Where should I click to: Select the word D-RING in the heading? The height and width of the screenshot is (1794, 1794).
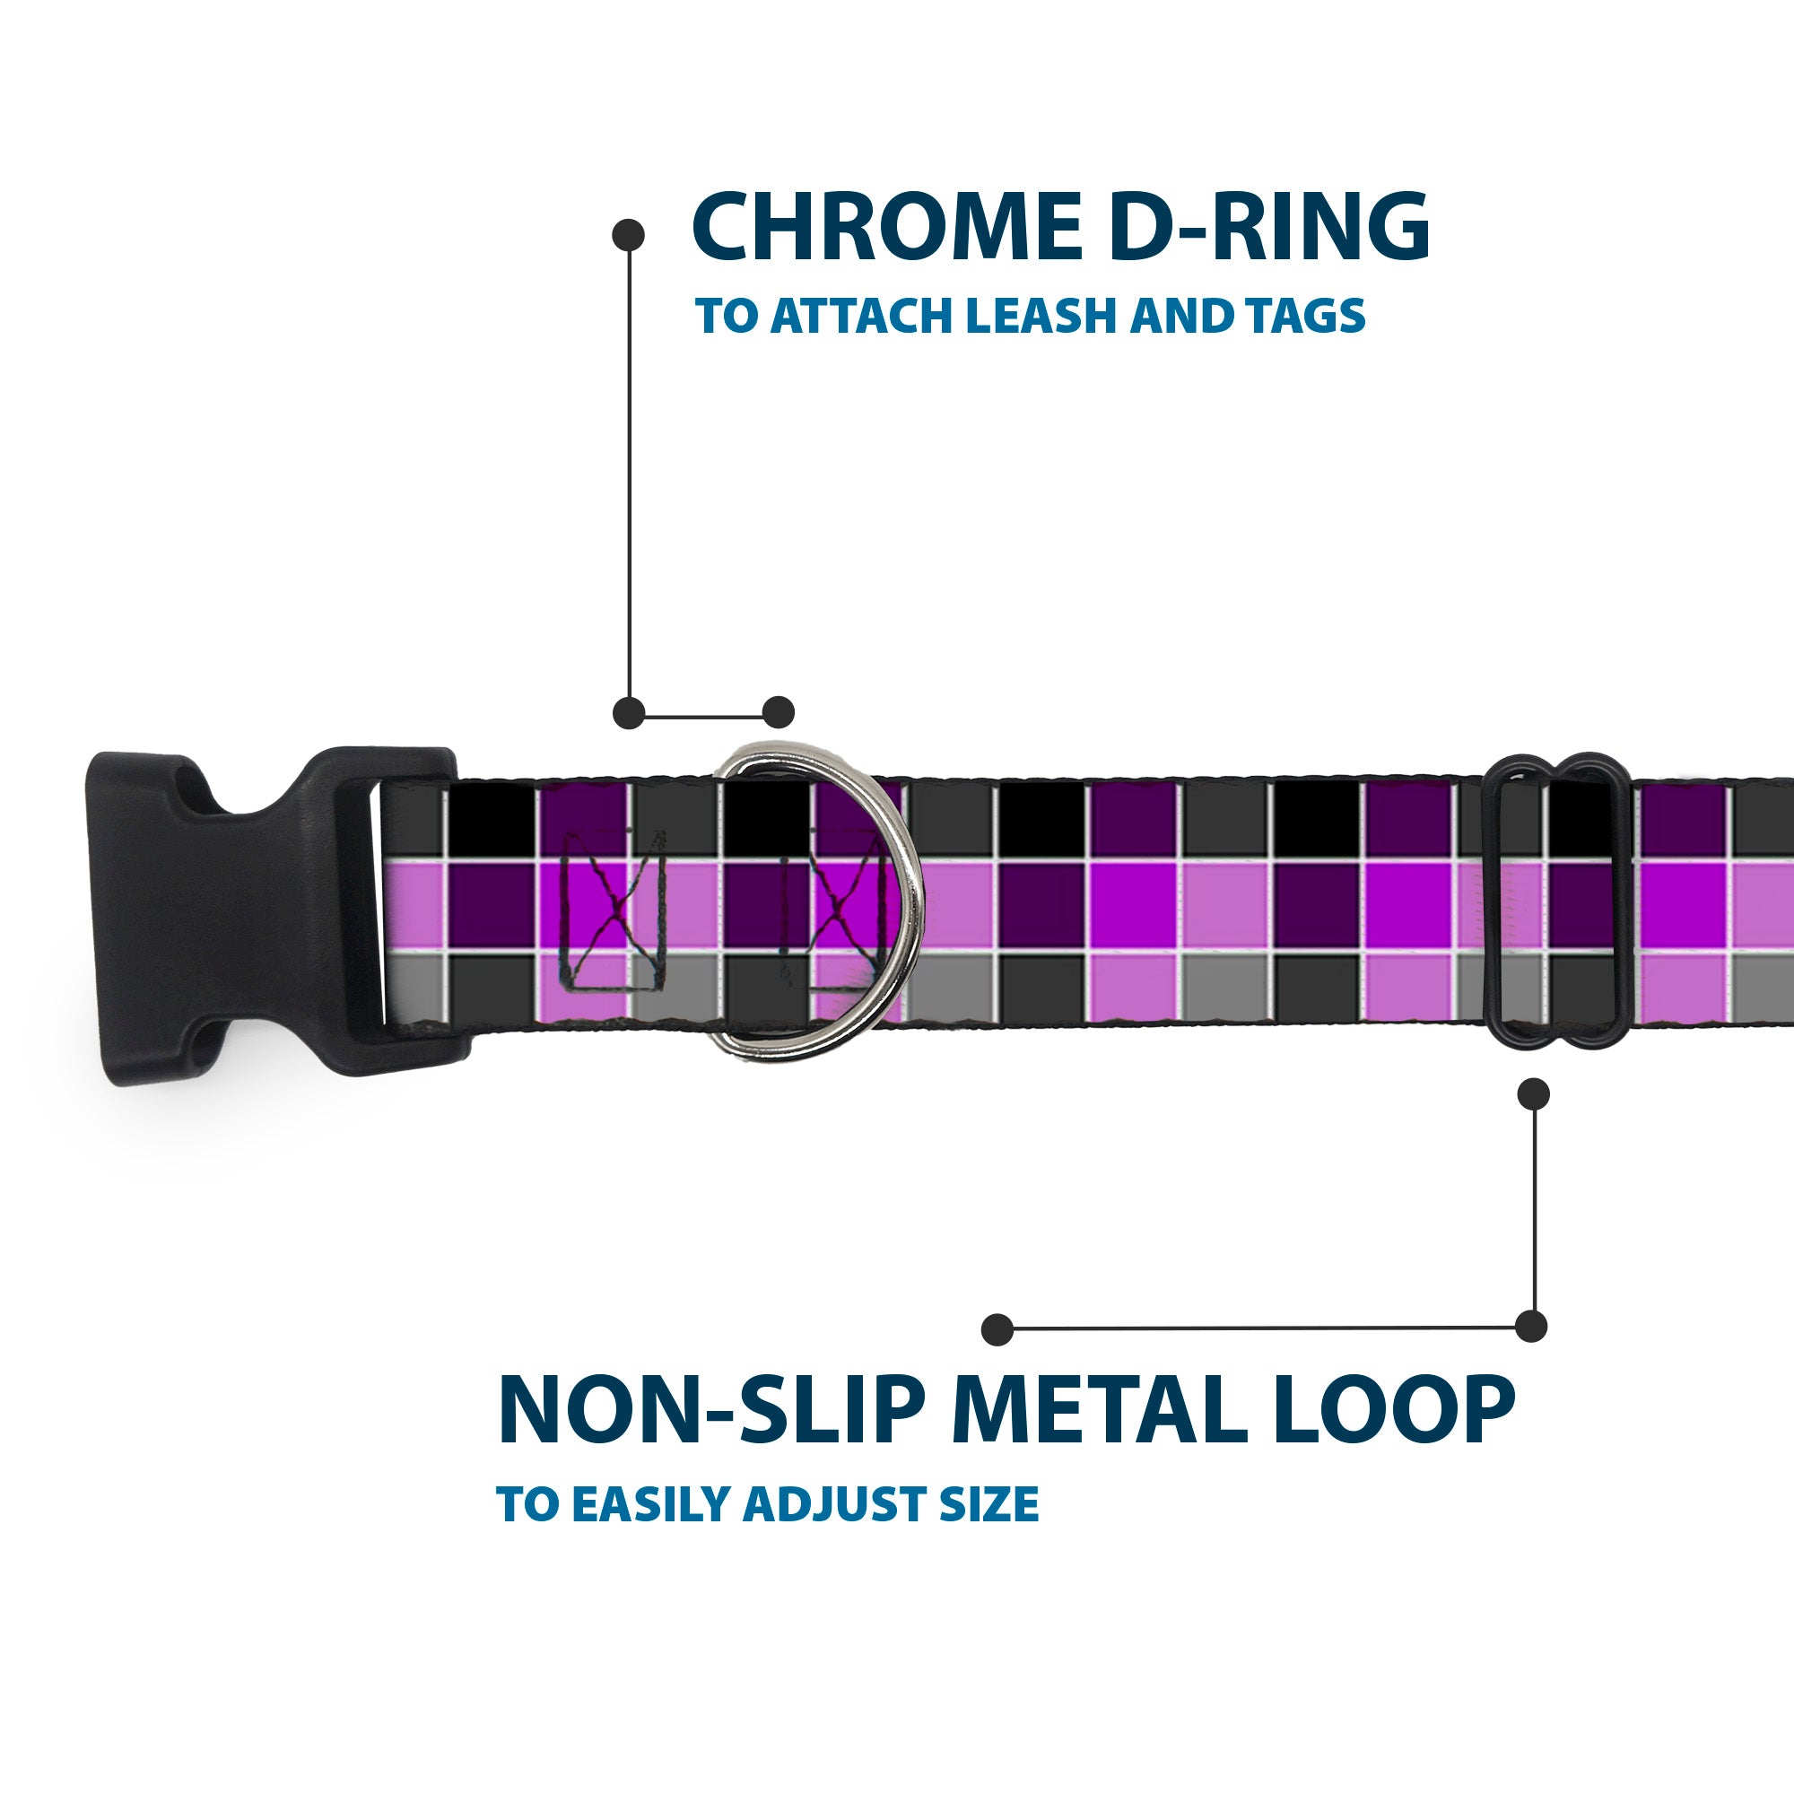[x=1269, y=228]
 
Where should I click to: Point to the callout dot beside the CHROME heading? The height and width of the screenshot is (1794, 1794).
[x=629, y=235]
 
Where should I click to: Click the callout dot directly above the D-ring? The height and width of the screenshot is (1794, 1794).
[x=778, y=712]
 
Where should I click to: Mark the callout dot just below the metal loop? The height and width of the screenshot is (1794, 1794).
[x=1532, y=1093]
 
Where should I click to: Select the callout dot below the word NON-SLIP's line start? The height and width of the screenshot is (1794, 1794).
[x=997, y=1328]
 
